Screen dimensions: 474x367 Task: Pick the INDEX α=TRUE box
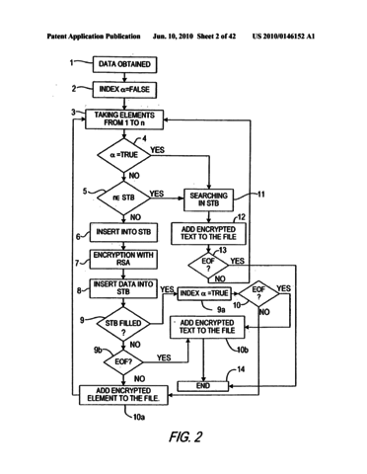(207, 292)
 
